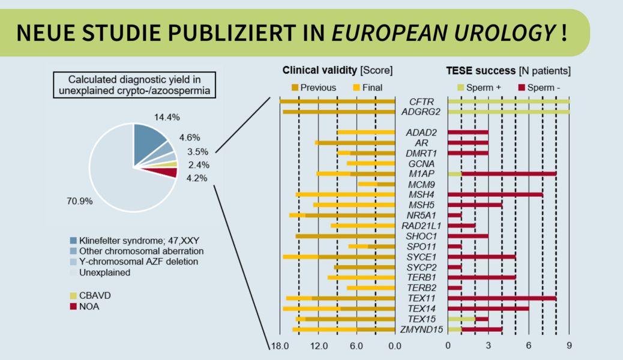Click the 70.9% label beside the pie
79,201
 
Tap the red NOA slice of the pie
169,173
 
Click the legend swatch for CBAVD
74,295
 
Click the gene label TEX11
421,298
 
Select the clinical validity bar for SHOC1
345,236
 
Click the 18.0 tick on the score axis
279,346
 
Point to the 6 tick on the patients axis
529,346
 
